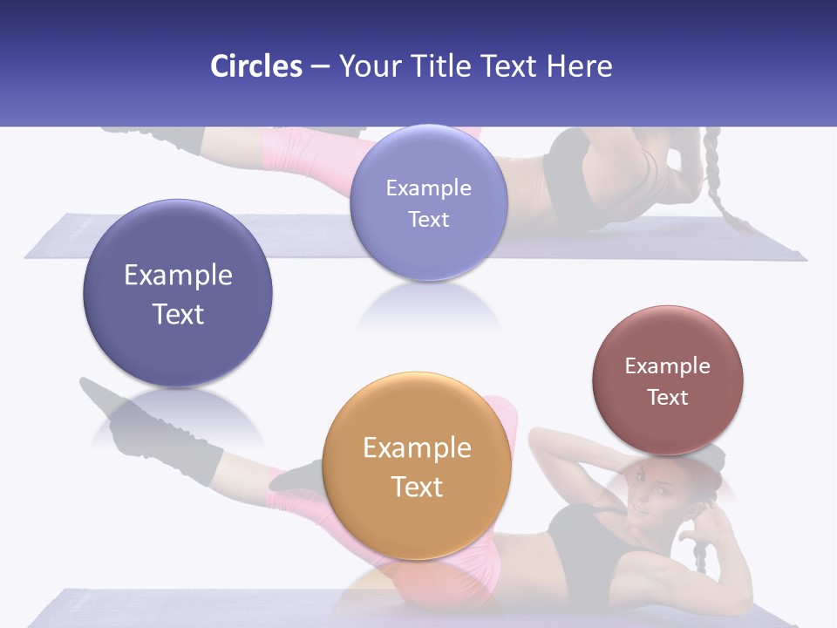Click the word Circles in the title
coord(256,66)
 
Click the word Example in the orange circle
coord(417,448)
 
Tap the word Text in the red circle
coord(667,398)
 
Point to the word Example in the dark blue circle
coord(178,276)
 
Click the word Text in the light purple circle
coord(428,219)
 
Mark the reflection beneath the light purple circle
coord(428,305)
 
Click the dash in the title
coord(320,66)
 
